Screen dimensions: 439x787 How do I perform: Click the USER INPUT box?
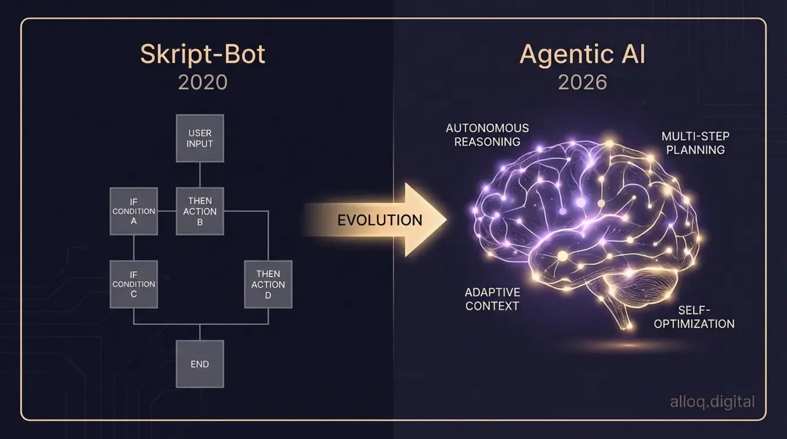click(x=200, y=139)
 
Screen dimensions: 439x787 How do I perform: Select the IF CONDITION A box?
click(x=134, y=211)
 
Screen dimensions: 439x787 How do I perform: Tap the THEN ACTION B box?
click(x=200, y=211)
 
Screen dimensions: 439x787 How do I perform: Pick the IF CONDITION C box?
click(x=134, y=284)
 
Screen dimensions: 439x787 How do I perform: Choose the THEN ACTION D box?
click(x=268, y=284)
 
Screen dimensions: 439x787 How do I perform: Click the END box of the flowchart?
click(x=200, y=364)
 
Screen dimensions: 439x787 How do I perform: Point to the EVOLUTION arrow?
click(x=379, y=219)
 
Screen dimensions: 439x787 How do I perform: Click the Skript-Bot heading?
click(x=203, y=55)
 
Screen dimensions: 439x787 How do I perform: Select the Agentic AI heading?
click(x=582, y=55)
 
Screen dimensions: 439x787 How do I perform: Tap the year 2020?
click(x=203, y=83)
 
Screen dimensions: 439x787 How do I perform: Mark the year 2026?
click(x=582, y=83)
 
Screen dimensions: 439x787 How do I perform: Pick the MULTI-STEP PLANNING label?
click(x=695, y=143)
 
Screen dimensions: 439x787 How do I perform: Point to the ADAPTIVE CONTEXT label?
click(x=492, y=299)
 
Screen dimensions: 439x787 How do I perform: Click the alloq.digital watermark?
click(x=712, y=402)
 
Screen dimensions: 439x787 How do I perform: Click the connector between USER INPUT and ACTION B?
click(x=200, y=175)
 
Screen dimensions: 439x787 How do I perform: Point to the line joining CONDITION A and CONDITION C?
click(x=134, y=248)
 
